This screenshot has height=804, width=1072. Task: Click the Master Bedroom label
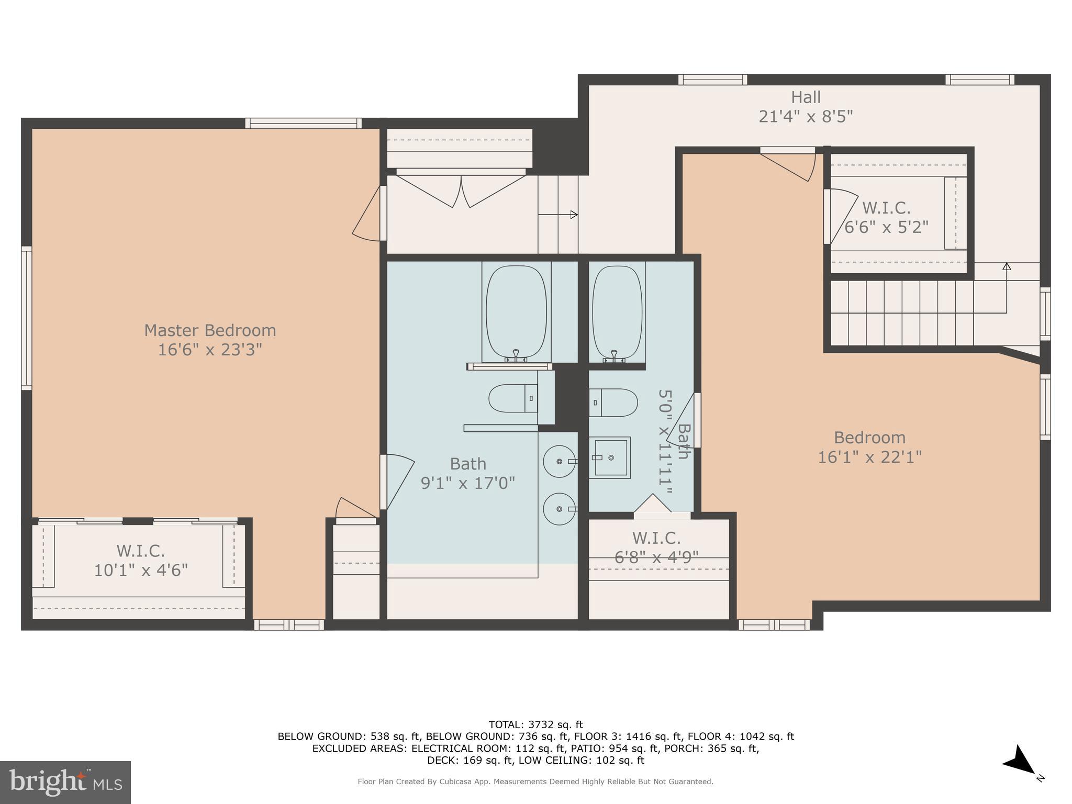[210, 330]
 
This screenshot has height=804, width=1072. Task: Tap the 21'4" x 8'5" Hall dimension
[806, 116]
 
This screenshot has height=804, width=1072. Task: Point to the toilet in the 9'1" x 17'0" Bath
[513, 398]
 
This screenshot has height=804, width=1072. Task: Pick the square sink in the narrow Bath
[610, 457]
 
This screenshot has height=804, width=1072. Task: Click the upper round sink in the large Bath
[560, 461]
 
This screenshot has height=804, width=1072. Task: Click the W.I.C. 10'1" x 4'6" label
[141, 560]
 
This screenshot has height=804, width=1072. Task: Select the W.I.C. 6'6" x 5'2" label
[886, 218]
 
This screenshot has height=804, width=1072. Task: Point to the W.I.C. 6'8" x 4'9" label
[656, 548]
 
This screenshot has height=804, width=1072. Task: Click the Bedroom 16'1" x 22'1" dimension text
[869, 457]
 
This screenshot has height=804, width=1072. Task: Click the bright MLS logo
[65, 782]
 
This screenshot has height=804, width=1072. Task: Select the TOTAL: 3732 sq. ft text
[535, 724]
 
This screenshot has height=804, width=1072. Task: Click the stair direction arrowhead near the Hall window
[1006, 266]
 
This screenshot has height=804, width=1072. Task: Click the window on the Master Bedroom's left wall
[26, 318]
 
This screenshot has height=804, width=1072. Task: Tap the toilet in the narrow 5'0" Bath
[613, 403]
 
